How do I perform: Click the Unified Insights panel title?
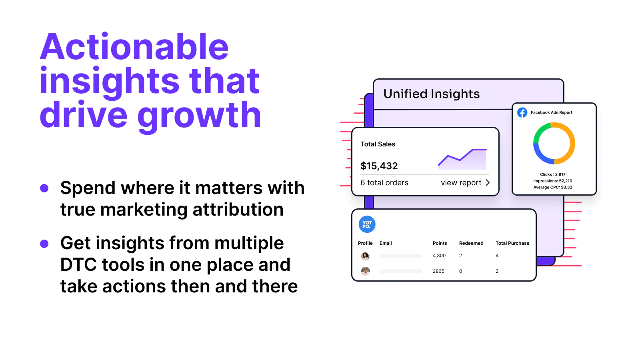[x=432, y=94]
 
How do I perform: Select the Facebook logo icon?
[x=522, y=112]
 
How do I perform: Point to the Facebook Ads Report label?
[x=552, y=112]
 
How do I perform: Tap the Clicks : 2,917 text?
[x=552, y=174]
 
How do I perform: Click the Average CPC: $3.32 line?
[x=552, y=188]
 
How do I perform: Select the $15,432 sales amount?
[x=379, y=166]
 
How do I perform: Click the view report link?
[x=465, y=182]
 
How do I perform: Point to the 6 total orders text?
[x=384, y=182]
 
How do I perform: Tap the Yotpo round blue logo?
[x=367, y=224]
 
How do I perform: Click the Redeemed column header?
[x=471, y=243]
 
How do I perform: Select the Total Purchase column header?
[x=512, y=243]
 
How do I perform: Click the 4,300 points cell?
[x=439, y=256]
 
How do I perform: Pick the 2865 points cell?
[x=438, y=271]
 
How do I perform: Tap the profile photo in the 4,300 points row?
[x=366, y=256]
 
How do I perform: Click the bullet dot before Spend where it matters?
[x=44, y=188]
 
